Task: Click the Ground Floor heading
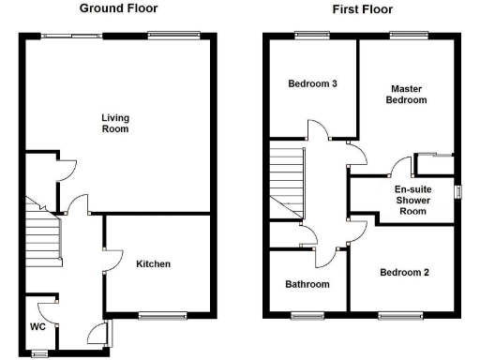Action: [x=118, y=8]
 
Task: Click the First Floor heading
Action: [x=362, y=9]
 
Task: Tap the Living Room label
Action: [x=115, y=123]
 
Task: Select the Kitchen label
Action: [x=153, y=263]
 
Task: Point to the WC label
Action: [x=37, y=327]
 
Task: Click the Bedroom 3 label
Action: [x=312, y=83]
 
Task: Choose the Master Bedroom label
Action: [x=408, y=94]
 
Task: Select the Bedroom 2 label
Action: [x=404, y=273]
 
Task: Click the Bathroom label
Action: [x=307, y=283]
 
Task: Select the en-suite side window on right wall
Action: [x=458, y=190]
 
